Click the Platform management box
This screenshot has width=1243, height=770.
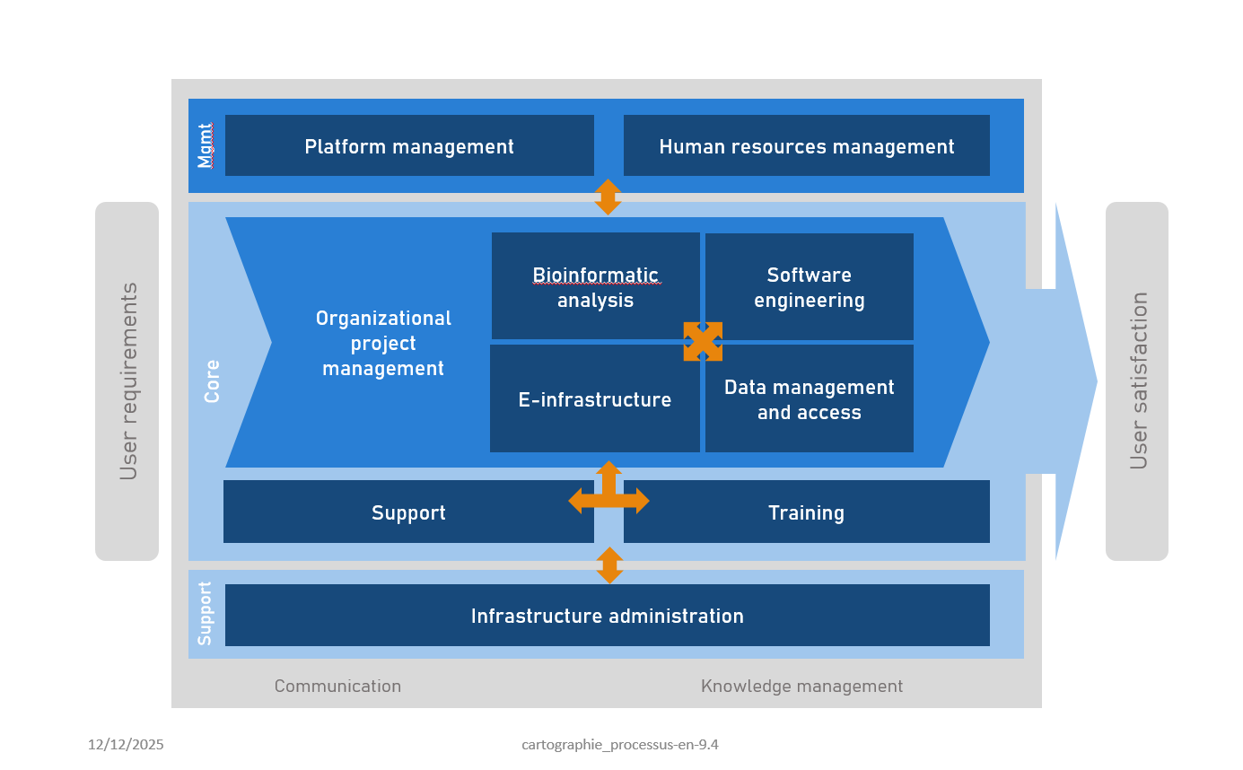(x=409, y=145)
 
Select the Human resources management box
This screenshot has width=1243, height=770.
(x=806, y=145)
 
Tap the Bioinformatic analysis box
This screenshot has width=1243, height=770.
(x=595, y=287)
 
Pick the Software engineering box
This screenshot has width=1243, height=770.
(x=809, y=287)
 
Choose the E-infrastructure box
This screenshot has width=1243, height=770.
(x=594, y=399)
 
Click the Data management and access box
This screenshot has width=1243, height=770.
(x=809, y=399)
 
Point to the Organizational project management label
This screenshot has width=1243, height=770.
(x=383, y=343)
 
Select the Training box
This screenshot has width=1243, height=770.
(x=806, y=512)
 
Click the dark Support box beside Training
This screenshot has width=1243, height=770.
(x=408, y=512)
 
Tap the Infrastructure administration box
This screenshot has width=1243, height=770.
(x=607, y=616)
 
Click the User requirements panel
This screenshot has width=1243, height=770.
(x=127, y=381)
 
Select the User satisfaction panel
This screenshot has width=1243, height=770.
(x=1137, y=381)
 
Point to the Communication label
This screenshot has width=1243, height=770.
(x=337, y=687)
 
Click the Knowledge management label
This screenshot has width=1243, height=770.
(x=801, y=687)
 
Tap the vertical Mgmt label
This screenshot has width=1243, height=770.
(x=206, y=146)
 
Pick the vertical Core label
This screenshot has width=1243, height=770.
(x=212, y=381)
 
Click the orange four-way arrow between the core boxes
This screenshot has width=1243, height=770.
(x=703, y=342)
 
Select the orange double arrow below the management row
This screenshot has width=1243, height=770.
(x=608, y=197)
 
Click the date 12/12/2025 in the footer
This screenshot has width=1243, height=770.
(x=126, y=745)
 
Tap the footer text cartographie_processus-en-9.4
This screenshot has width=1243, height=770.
(x=620, y=745)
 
